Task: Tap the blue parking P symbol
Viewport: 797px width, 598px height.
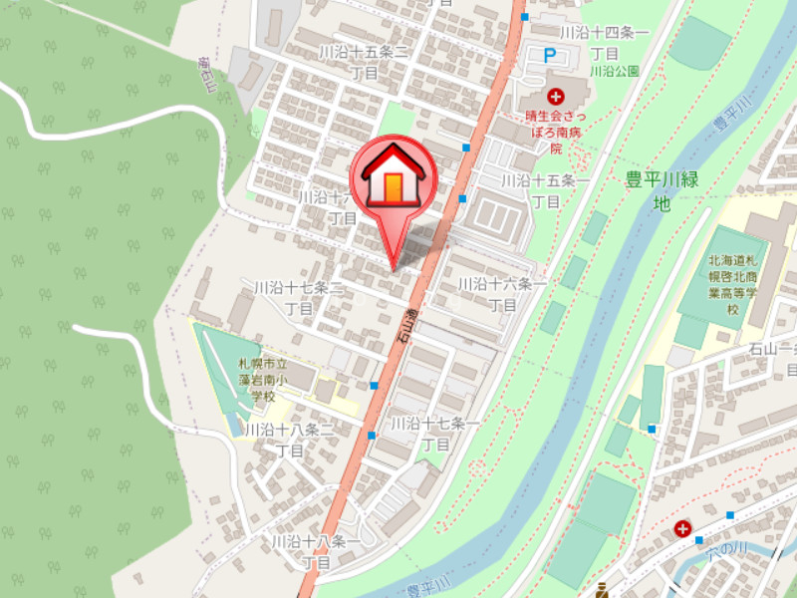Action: click(x=549, y=57)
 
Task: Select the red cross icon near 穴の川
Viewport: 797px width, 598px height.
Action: click(x=682, y=529)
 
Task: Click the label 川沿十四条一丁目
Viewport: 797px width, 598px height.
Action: click(x=604, y=42)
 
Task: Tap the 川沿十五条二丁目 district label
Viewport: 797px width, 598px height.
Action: click(x=364, y=61)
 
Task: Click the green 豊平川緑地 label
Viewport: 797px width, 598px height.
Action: click(x=662, y=191)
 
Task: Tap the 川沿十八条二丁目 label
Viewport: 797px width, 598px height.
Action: click(x=289, y=440)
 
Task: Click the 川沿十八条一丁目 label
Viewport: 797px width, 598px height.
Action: click(x=316, y=552)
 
